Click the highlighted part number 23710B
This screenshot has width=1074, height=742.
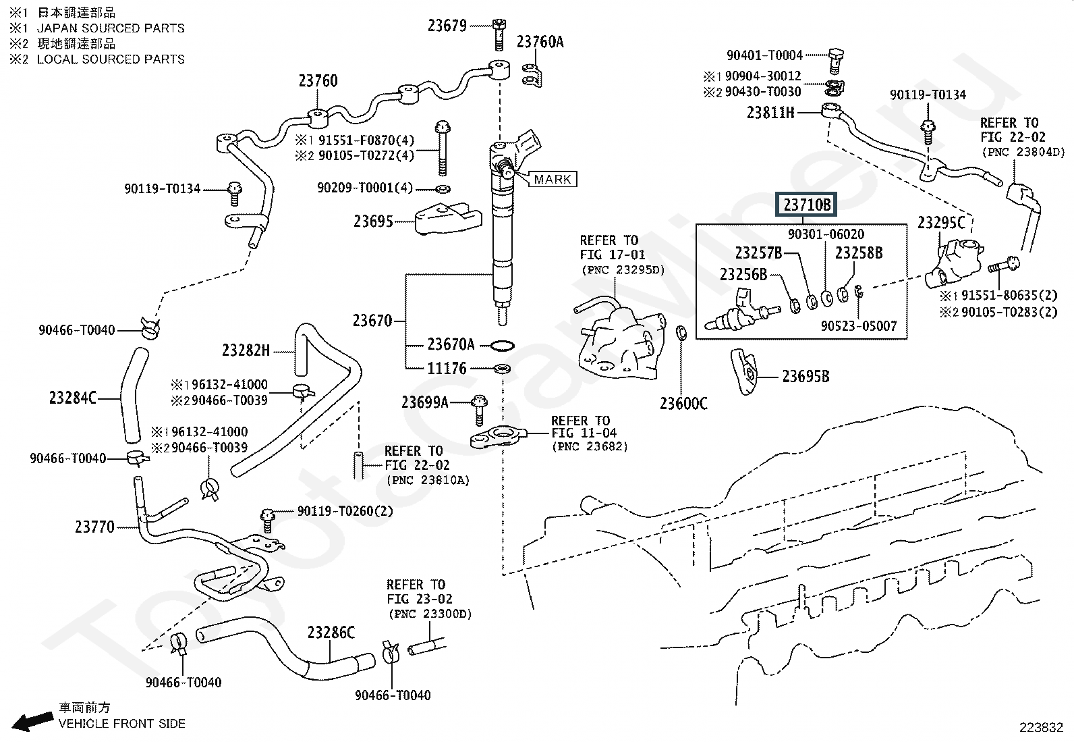(x=806, y=205)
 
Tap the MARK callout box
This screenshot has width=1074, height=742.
(x=553, y=179)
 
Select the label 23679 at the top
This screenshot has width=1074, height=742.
(x=447, y=26)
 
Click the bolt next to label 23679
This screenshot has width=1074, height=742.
(x=499, y=34)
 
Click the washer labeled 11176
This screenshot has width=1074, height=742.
(x=503, y=369)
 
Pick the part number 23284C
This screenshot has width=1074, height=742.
(x=73, y=398)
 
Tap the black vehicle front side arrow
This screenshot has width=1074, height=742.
(x=32, y=721)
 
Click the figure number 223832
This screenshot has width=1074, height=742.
(x=1041, y=728)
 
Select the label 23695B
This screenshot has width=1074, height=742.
(x=805, y=376)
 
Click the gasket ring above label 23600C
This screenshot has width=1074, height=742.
(x=681, y=333)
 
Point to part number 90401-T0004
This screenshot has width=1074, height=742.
(x=764, y=55)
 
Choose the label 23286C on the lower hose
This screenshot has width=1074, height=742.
(x=331, y=633)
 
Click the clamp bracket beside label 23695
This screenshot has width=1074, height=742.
(x=449, y=218)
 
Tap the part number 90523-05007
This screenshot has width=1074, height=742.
(x=858, y=326)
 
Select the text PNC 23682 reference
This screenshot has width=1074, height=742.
(x=590, y=447)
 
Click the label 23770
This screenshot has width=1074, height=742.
(x=94, y=527)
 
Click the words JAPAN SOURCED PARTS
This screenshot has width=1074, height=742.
(x=111, y=28)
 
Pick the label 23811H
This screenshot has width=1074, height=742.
(x=770, y=113)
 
